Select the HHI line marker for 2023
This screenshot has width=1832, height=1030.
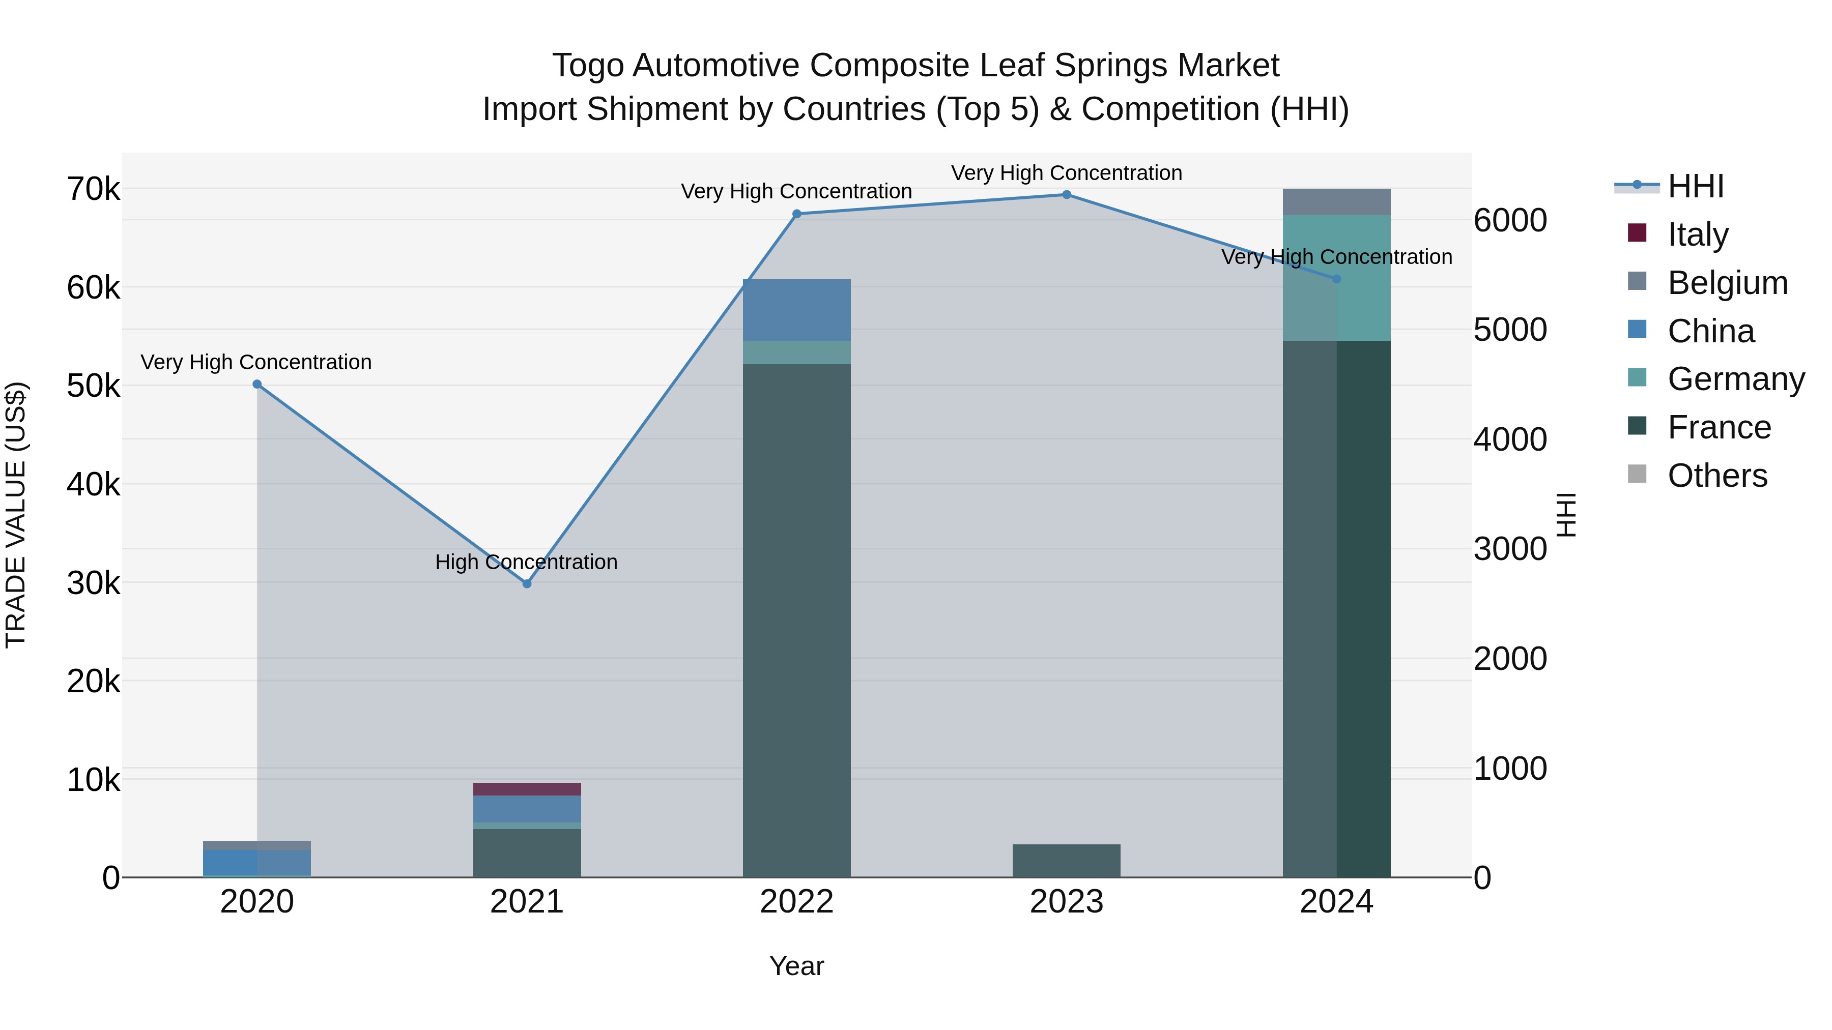(x=1066, y=195)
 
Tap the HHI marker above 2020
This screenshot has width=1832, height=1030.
(x=257, y=385)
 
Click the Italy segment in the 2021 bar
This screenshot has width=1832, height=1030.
(x=527, y=789)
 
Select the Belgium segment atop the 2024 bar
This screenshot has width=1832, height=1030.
(x=1336, y=202)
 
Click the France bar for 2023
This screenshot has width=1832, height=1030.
(x=1066, y=861)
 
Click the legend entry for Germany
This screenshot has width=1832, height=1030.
(x=1735, y=379)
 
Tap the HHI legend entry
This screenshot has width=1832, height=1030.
(x=1695, y=186)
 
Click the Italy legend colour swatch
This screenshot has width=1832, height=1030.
(x=1637, y=233)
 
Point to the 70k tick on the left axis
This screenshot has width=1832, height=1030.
(x=93, y=190)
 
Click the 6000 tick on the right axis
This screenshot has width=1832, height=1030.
(x=1510, y=220)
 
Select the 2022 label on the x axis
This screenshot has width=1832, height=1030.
(x=796, y=902)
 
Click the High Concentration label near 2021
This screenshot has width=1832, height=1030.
(x=526, y=562)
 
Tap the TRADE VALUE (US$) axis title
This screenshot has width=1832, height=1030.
(x=16, y=515)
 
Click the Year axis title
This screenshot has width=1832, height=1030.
(x=796, y=966)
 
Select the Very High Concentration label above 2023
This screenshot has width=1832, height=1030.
(x=1066, y=173)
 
